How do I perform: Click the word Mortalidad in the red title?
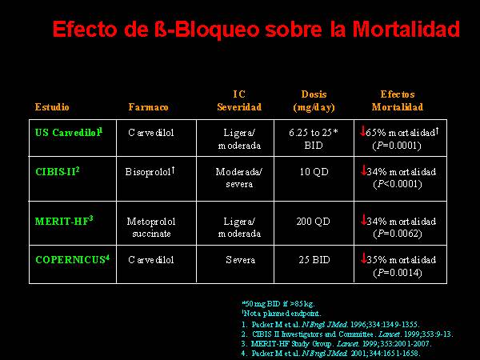[406, 29]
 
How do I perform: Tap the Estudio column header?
[52, 107]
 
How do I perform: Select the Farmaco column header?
[148, 107]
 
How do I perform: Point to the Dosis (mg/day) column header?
[314, 101]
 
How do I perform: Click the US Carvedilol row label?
[69, 132]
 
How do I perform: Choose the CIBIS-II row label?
[58, 171]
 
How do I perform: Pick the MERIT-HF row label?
[64, 221]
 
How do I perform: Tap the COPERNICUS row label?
[72, 259]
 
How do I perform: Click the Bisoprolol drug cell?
[150, 171]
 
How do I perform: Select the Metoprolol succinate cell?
[151, 227]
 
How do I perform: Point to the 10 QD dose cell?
[314, 172]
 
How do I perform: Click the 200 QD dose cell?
[313, 222]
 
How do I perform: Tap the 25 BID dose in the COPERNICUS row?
[314, 260]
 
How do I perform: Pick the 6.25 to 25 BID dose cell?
[314, 138]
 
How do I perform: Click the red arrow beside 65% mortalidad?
[362, 131]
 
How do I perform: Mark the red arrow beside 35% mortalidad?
[364, 258]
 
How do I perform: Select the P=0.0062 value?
[398, 234]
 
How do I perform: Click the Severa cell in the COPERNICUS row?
[240, 260]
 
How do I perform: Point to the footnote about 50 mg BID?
[278, 304]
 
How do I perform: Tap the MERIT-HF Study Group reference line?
[336, 344]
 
